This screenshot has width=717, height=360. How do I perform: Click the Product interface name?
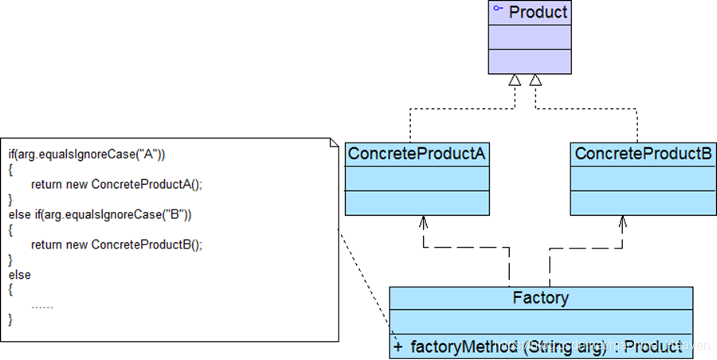538,12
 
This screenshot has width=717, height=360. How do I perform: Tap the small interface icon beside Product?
498,10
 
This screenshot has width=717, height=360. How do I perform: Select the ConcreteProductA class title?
416,154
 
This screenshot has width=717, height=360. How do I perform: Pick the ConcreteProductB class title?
643,154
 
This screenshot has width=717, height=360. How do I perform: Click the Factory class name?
541,298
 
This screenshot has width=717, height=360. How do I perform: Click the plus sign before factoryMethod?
398,346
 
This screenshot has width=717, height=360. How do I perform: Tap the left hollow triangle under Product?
515,80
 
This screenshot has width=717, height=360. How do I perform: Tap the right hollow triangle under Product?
536,80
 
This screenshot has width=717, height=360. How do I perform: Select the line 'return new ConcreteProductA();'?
116,184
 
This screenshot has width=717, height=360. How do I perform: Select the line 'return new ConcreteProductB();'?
116,245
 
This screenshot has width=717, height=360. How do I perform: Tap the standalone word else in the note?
19,275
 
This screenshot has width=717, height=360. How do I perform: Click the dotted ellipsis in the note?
42,305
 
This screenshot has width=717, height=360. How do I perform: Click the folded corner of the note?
333,144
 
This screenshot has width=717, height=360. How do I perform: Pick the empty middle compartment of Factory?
541,323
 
